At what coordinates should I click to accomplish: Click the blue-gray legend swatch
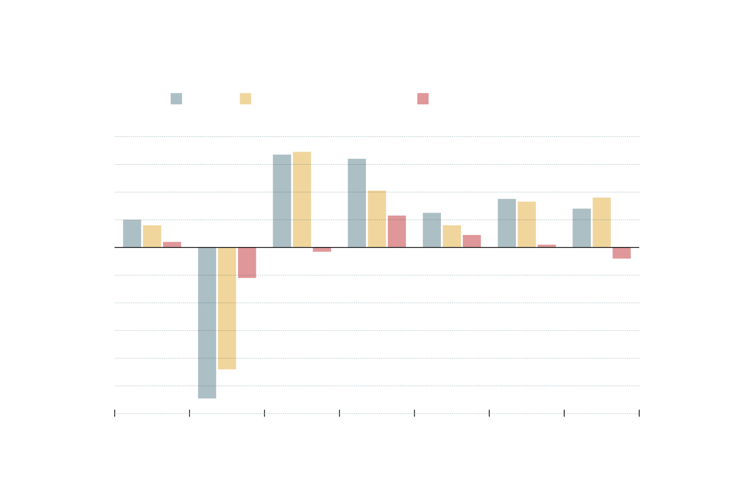point(176,99)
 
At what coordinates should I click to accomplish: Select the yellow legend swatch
point(245,99)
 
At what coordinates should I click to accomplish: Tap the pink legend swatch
point(423,99)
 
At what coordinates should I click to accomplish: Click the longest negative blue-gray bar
point(207,323)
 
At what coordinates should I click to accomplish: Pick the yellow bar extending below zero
point(227,308)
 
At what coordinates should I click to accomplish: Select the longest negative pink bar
point(247,262)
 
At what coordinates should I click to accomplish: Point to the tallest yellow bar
point(302,199)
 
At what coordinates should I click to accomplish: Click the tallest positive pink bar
point(397,231)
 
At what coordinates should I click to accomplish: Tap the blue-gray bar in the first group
point(132,233)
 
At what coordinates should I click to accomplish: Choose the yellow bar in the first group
point(152,236)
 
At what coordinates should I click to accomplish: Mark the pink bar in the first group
point(172,244)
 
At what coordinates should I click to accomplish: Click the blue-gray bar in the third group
point(282,201)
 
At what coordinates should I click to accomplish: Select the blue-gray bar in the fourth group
point(357,203)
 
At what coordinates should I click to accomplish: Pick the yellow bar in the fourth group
point(377,219)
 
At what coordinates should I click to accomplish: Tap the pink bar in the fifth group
point(472,241)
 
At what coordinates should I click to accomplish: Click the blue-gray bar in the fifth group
point(431,230)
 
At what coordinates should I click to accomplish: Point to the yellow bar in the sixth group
point(526,224)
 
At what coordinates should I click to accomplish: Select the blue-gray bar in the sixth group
point(506,223)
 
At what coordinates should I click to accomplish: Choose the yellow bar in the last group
point(601,222)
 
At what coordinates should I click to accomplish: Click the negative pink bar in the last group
point(621,253)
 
